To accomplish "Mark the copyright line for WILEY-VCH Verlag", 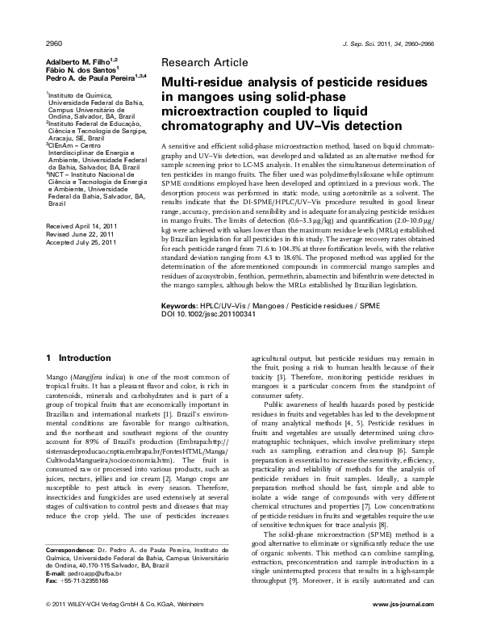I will click(x=121, y=626).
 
